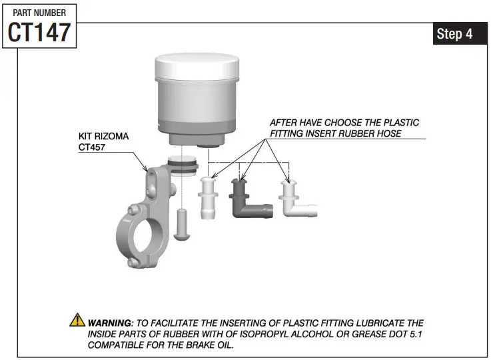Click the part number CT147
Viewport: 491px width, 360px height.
coord(39,32)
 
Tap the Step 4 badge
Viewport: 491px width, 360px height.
coord(455,34)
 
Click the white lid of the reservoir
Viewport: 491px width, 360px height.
coord(197,67)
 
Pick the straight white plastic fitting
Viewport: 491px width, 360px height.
coord(208,198)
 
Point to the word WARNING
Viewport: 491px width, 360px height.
coord(109,323)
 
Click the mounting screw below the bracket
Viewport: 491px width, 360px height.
coord(182,223)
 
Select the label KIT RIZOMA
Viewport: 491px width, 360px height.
coord(103,136)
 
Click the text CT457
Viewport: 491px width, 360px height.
coord(93,147)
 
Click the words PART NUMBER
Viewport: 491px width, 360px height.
coord(39,12)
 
